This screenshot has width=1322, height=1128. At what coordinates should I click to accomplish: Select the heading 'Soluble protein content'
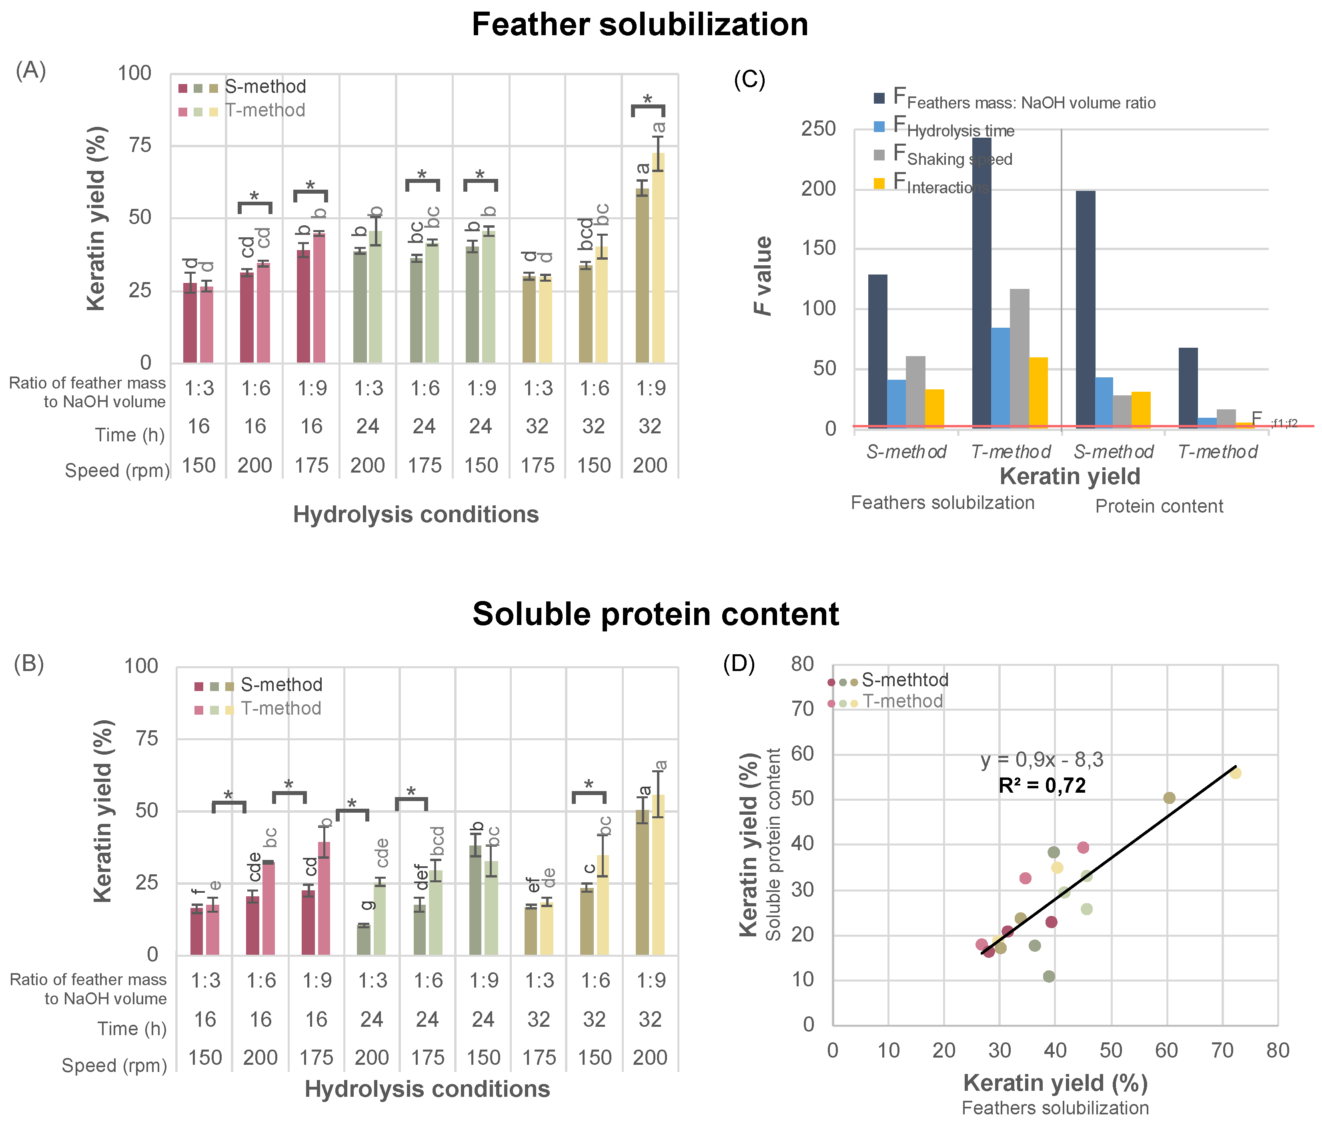(656, 614)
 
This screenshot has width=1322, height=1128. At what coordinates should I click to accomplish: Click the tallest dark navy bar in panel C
(981, 281)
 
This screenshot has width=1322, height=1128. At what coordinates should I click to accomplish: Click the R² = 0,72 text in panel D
(1042, 786)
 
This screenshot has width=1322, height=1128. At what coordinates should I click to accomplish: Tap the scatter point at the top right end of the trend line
(1235, 773)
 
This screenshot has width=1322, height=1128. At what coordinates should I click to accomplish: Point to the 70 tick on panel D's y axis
(803, 709)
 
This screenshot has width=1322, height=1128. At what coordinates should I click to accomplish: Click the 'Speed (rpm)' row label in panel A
(117, 471)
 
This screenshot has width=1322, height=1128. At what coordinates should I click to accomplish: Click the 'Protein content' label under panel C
(1159, 507)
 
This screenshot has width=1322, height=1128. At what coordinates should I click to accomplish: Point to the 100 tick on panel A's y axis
(134, 73)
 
